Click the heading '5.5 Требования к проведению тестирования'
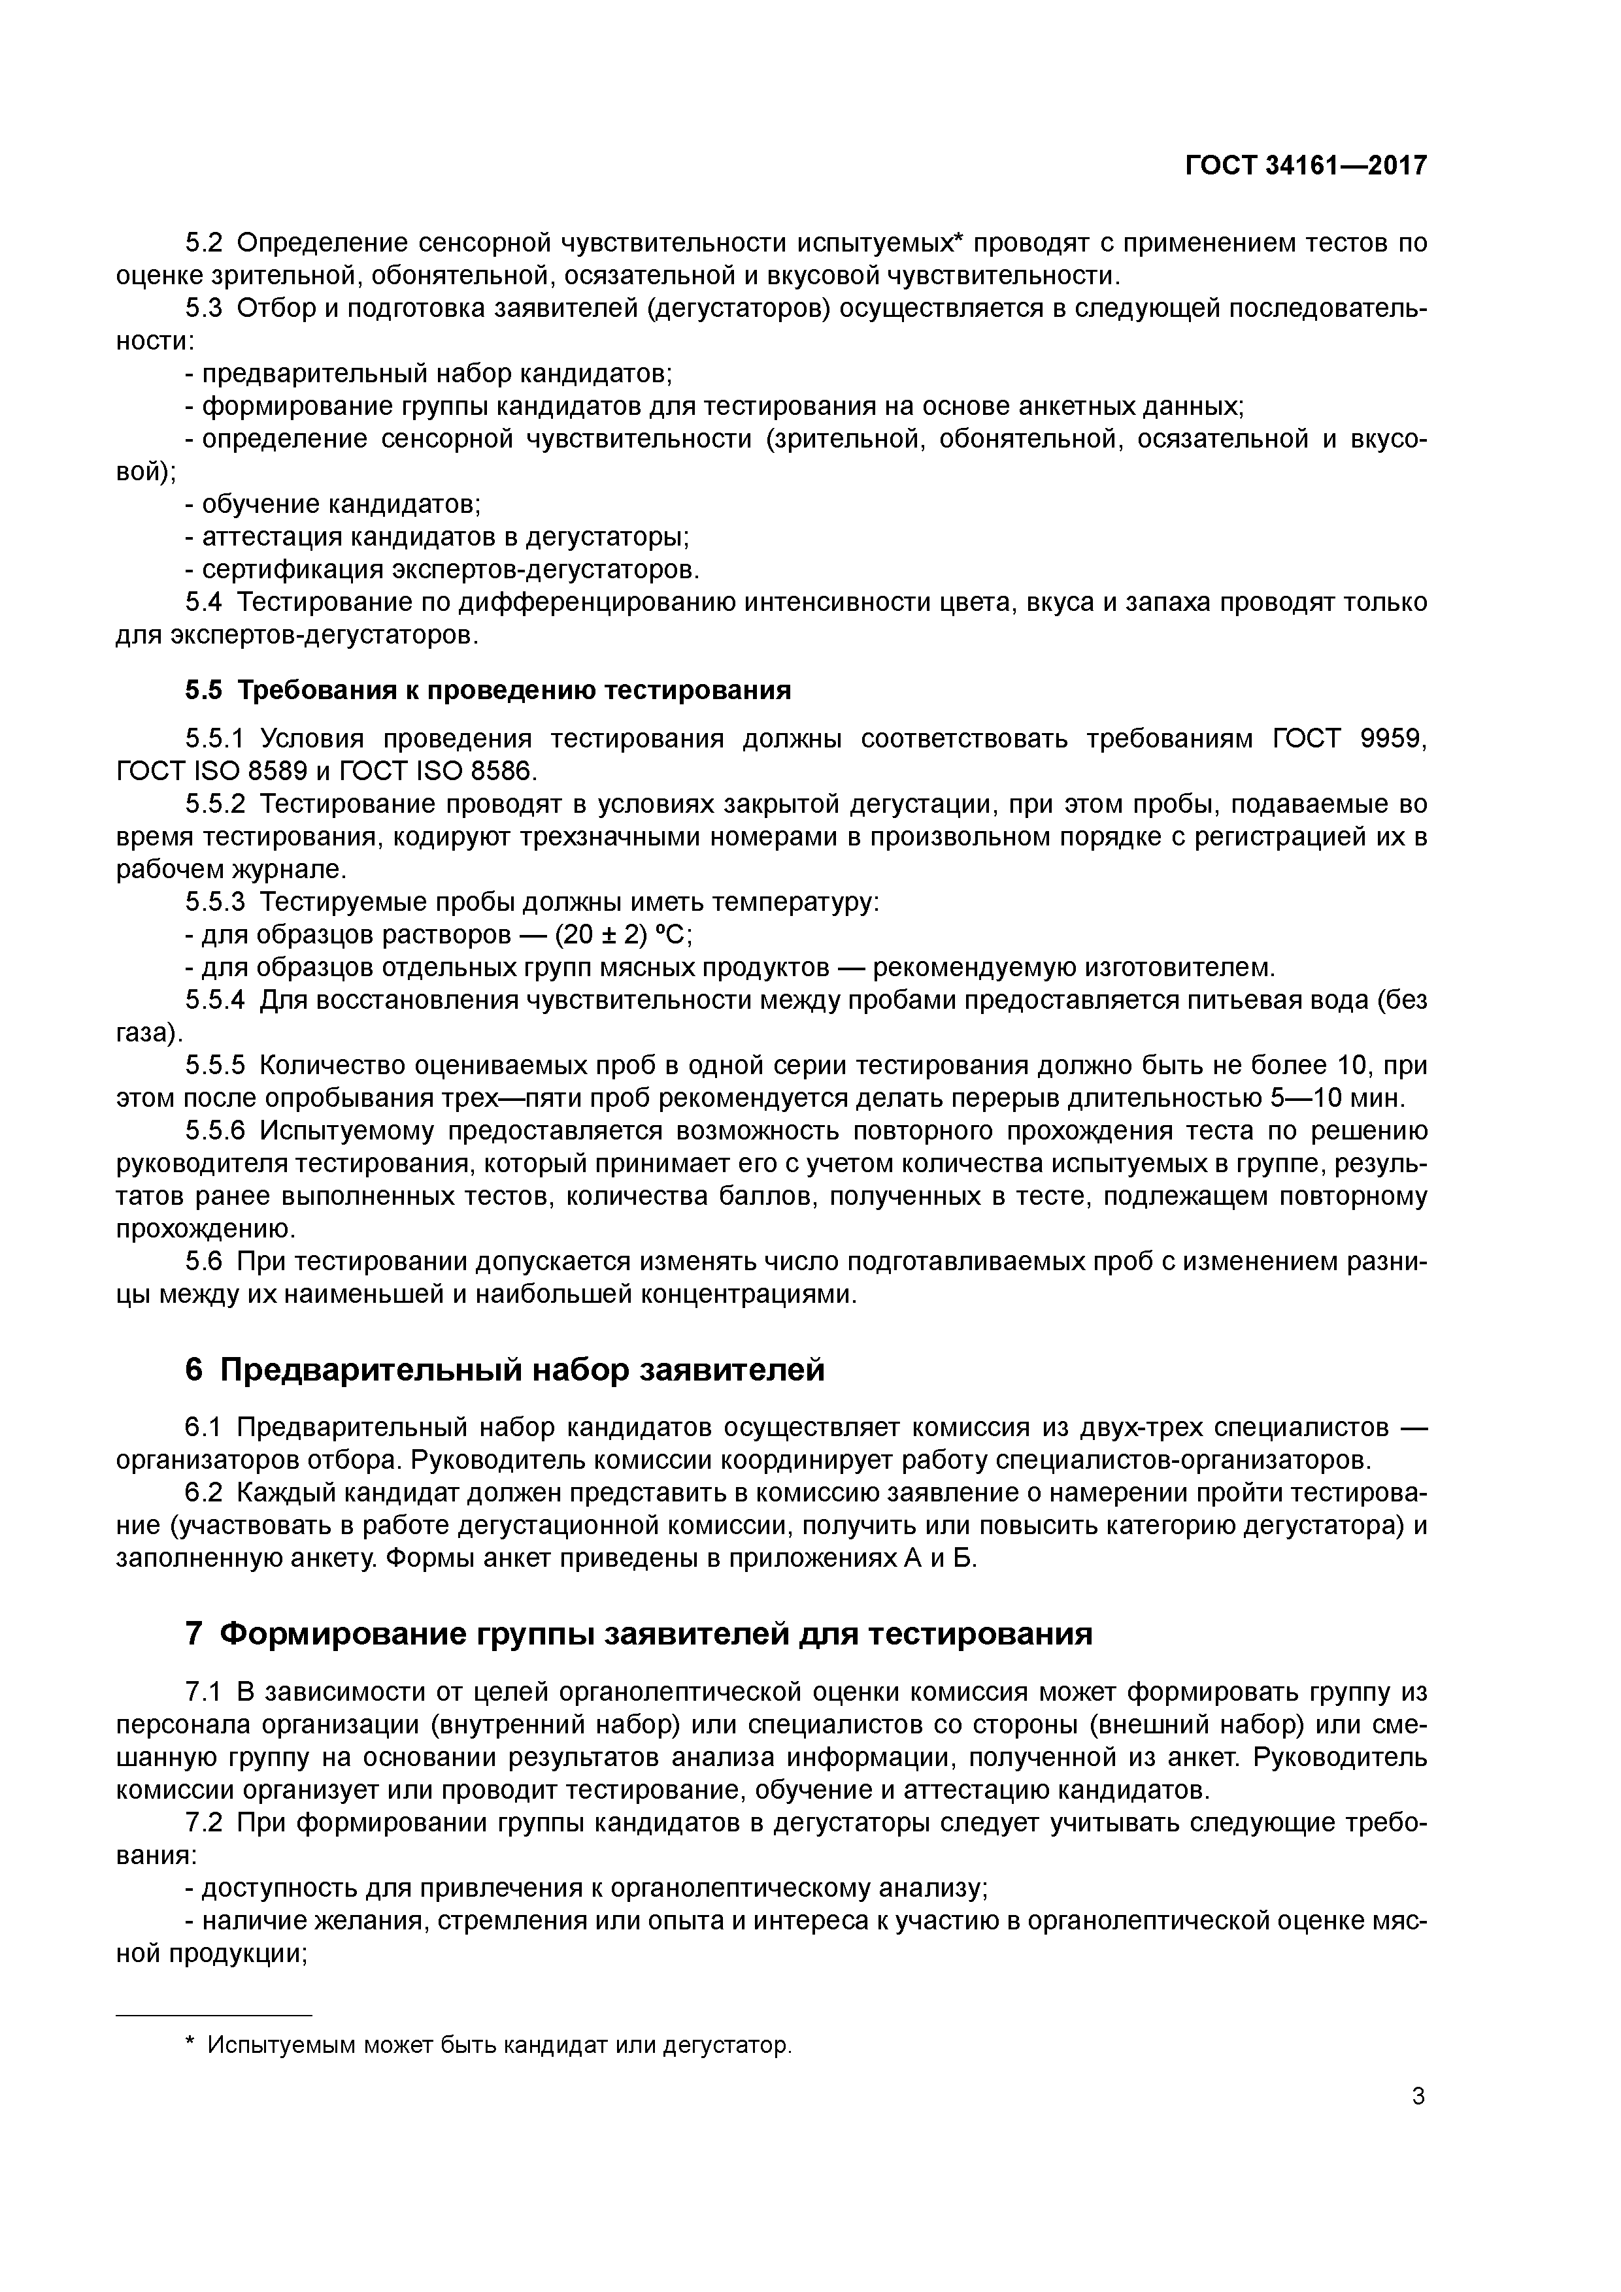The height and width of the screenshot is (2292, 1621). tap(488, 690)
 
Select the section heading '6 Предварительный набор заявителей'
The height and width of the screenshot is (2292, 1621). tap(505, 1369)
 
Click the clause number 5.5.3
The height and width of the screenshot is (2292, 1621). tap(215, 902)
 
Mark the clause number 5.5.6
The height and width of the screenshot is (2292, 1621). tap(215, 1130)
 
